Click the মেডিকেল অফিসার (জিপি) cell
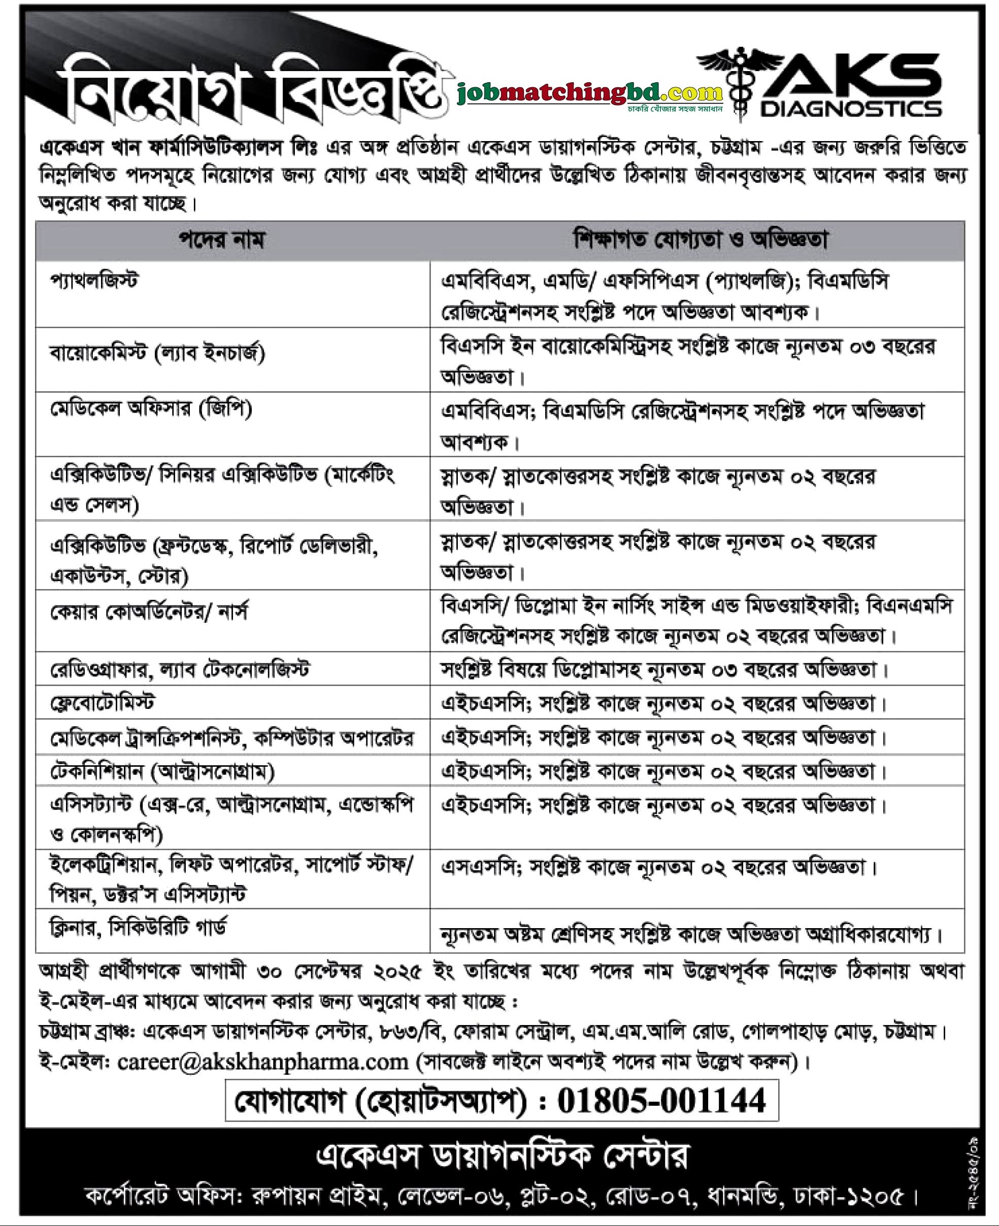point(151,410)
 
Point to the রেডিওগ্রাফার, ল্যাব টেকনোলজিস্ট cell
point(180,670)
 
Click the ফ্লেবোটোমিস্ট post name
point(103,702)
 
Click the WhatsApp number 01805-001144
point(661,1101)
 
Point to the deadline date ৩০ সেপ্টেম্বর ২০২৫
point(340,972)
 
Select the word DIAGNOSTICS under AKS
point(851,108)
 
